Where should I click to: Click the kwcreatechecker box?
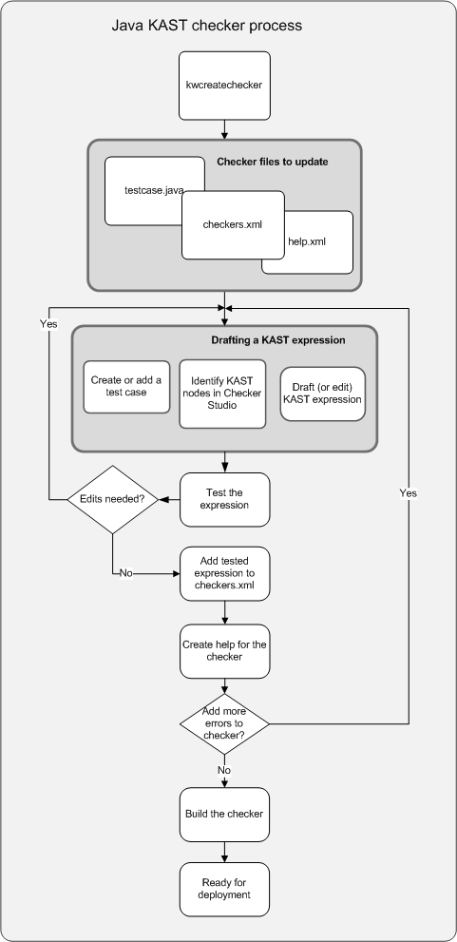(224, 86)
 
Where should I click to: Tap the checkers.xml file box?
(233, 225)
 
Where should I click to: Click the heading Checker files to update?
(272, 162)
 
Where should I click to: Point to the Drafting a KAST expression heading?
(278, 340)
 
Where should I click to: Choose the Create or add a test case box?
(126, 387)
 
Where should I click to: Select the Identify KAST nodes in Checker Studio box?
(222, 394)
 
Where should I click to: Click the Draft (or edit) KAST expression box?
(322, 394)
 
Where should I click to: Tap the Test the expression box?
(224, 500)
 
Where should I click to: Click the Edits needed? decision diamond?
(112, 499)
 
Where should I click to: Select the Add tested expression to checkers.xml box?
(224, 574)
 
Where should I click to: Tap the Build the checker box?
(224, 815)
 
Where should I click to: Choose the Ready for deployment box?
(224, 889)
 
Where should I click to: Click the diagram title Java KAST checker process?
(206, 26)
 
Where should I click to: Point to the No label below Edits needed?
(126, 573)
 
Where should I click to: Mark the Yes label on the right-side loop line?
(409, 492)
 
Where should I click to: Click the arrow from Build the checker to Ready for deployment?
(224, 852)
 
